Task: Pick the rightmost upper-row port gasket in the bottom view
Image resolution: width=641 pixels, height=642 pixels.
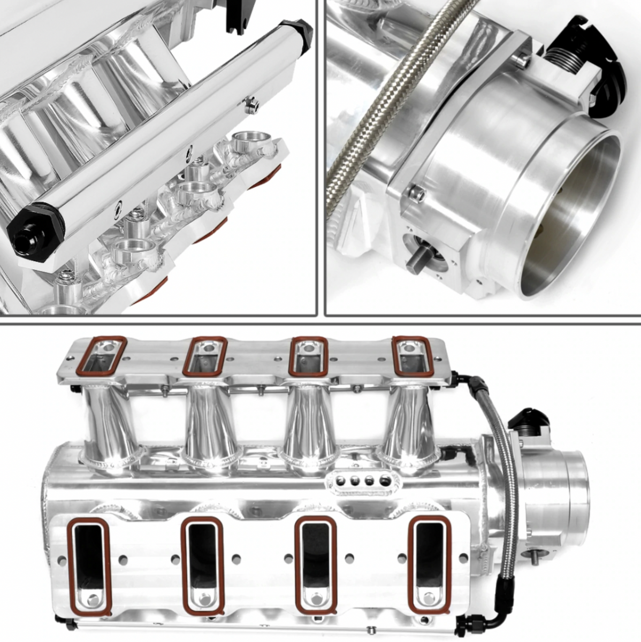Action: tap(411, 356)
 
